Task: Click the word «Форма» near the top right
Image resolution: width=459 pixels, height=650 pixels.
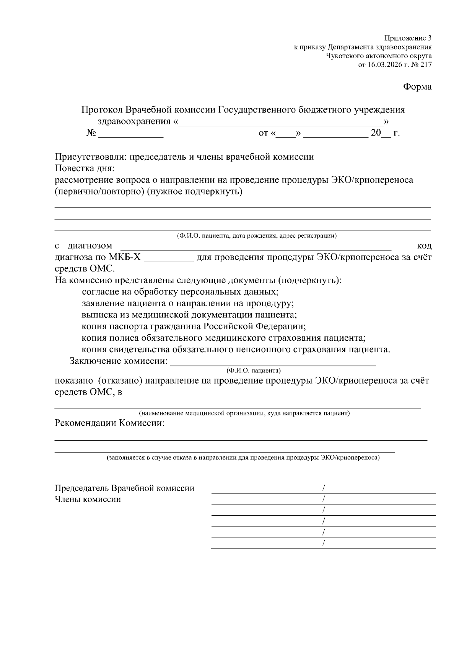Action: (417, 87)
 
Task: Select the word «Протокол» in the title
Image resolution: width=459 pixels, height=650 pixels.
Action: (102, 110)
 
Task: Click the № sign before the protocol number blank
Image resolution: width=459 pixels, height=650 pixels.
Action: (91, 133)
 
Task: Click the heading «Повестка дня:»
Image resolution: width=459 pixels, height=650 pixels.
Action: (85, 168)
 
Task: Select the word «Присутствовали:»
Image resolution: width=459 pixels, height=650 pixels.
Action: (91, 157)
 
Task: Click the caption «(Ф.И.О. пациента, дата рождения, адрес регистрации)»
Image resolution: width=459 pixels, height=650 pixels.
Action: (257, 236)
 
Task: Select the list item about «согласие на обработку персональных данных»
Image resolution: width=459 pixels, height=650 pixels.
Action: (180, 292)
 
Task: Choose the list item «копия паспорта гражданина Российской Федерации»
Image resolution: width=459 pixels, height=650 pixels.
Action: (194, 327)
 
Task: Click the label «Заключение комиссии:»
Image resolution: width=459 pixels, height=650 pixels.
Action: (119, 361)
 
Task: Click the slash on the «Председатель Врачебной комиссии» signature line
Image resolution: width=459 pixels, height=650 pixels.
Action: (324, 488)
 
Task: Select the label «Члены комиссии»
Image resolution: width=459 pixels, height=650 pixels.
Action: (88, 499)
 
